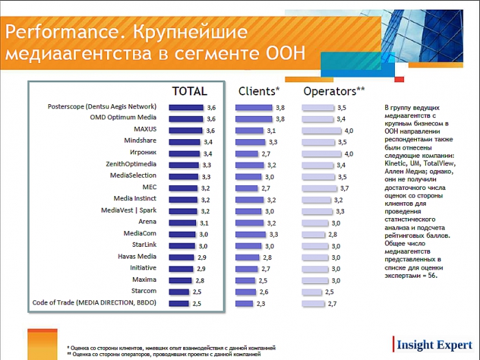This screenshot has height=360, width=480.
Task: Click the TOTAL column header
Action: (189, 91)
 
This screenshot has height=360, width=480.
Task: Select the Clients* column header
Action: (259, 91)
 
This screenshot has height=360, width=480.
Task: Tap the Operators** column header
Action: (334, 91)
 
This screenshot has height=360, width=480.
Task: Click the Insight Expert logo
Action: (433, 344)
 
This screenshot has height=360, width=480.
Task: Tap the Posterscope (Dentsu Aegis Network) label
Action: (102, 106)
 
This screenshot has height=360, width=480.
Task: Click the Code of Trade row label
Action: (95, 302)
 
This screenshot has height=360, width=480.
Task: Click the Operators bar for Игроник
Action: (322, 154)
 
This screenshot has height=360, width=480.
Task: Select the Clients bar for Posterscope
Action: (254, 108)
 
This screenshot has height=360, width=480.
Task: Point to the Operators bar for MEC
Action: (320, 188)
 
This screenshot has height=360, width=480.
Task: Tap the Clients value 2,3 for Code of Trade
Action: (261, 303)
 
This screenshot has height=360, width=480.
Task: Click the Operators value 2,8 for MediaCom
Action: (333, 234)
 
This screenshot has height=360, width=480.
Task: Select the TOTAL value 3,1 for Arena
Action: (204, 223)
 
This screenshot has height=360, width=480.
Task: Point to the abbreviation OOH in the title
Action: (283, 54)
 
